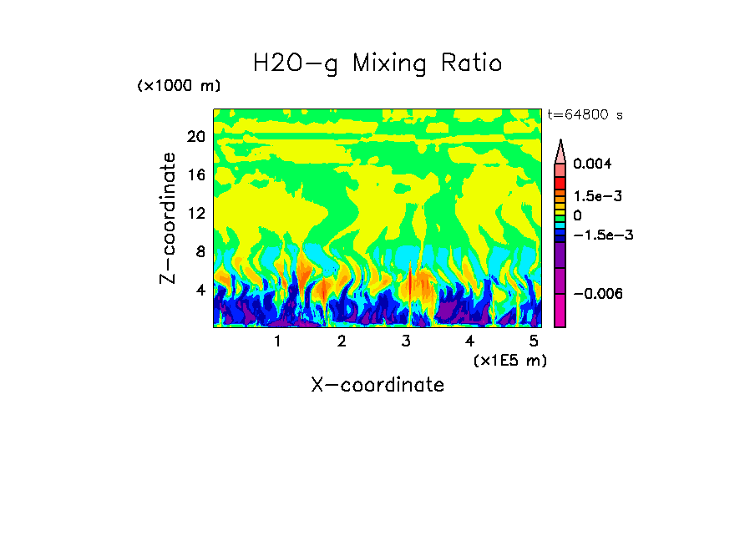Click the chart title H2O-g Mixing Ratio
point(377,63)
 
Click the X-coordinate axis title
point(377,385)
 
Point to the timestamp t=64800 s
point(585,114)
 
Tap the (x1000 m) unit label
point(178,87)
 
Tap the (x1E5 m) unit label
point(509,361)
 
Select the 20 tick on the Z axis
point(195,137)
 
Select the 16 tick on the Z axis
point(195,175)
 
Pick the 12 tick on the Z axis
point(195,214)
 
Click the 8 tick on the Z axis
point(199,252)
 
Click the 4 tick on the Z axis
point(199,291)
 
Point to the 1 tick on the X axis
point(277,341)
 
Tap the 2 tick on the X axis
point(342,341)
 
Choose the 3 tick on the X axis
point(406,341)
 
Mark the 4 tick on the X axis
point(469,341)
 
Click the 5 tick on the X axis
point(534,341)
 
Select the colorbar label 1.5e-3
point(597,196)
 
